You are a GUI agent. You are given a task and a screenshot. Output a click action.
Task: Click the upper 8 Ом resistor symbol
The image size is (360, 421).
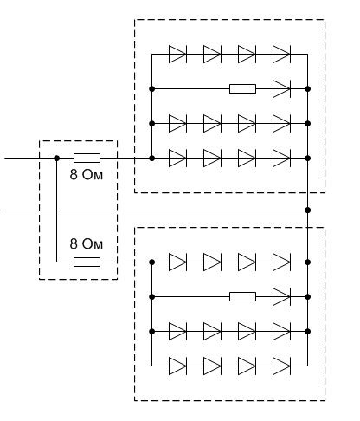coord(87,159)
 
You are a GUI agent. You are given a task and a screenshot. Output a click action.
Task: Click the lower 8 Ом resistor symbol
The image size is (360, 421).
coord(87,262)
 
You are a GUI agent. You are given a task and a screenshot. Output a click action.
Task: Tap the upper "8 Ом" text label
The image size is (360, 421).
coord(87,175)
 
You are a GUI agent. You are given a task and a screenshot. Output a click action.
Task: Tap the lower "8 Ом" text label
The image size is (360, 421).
coord(87,243)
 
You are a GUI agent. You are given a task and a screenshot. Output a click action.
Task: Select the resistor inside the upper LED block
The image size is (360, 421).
coord(242,89)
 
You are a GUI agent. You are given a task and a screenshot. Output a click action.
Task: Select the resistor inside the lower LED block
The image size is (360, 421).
coord(242,297)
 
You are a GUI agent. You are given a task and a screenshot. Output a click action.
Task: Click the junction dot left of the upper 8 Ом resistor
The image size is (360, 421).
coord(57,159)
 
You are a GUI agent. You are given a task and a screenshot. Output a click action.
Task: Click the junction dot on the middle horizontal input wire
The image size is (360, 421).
coord(308,210)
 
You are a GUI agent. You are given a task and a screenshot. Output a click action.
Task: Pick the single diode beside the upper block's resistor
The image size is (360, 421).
coord(281,89)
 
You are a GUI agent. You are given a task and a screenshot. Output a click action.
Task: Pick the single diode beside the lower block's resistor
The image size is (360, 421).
coord(281,297)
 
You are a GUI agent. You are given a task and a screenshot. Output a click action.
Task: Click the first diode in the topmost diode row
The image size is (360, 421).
coord(177,55)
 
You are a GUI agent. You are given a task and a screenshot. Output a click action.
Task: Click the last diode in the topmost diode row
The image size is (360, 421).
coord(281,55)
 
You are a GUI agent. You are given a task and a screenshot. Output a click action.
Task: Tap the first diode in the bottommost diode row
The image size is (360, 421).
coord(177,366)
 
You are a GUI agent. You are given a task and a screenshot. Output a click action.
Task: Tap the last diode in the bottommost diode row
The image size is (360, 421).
coord(281,366)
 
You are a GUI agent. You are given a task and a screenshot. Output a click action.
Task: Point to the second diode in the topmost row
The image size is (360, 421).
coord(212,55)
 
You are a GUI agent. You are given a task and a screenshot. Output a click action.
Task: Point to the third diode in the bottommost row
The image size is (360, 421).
coord(247,366)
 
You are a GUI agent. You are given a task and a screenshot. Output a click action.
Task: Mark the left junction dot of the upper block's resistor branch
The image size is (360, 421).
coord(152,89)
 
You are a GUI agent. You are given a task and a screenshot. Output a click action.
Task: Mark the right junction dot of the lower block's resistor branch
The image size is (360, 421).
coord(308,297)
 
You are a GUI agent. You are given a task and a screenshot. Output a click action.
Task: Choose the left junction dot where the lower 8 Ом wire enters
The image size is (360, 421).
coord(152,262)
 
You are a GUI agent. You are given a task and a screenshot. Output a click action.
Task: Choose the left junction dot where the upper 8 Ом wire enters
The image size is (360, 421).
coord(152,159)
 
